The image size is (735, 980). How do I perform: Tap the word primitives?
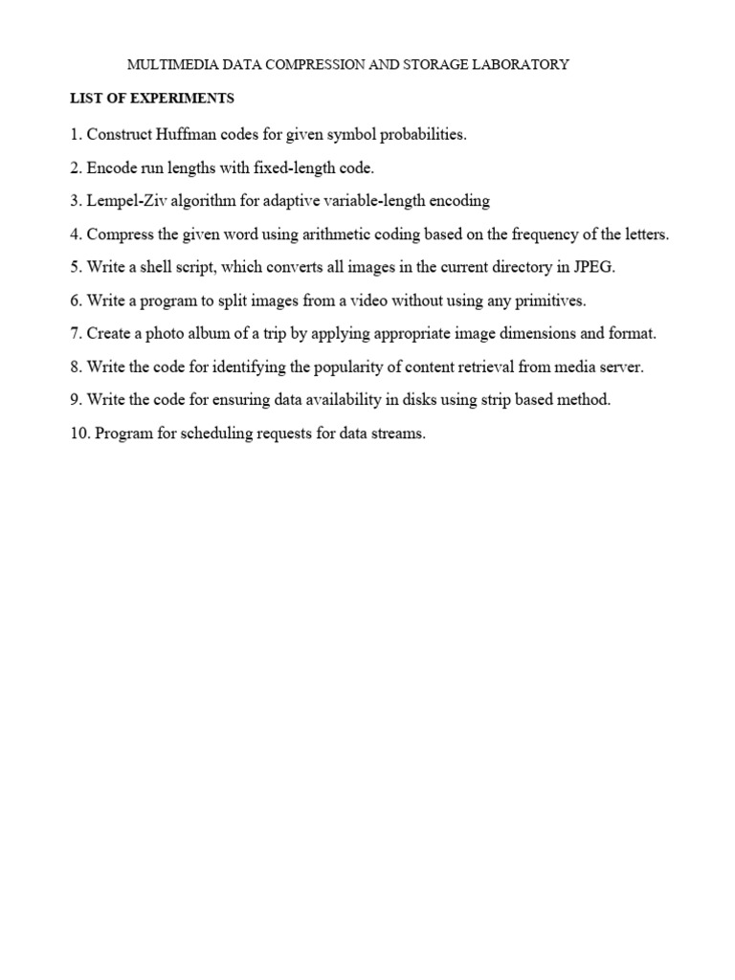[x=549, y=301]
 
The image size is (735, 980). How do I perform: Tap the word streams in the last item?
[x=397, y=434]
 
